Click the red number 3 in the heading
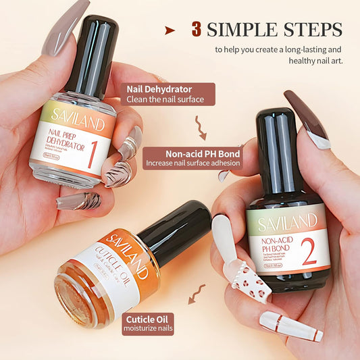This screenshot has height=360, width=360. pos(197,30)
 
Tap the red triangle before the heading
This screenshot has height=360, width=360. pos(170,30)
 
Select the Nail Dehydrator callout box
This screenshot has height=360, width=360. pos(168,94)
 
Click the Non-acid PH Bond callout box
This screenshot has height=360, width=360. pos(192,158)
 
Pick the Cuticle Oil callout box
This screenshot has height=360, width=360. pos(148,324)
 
